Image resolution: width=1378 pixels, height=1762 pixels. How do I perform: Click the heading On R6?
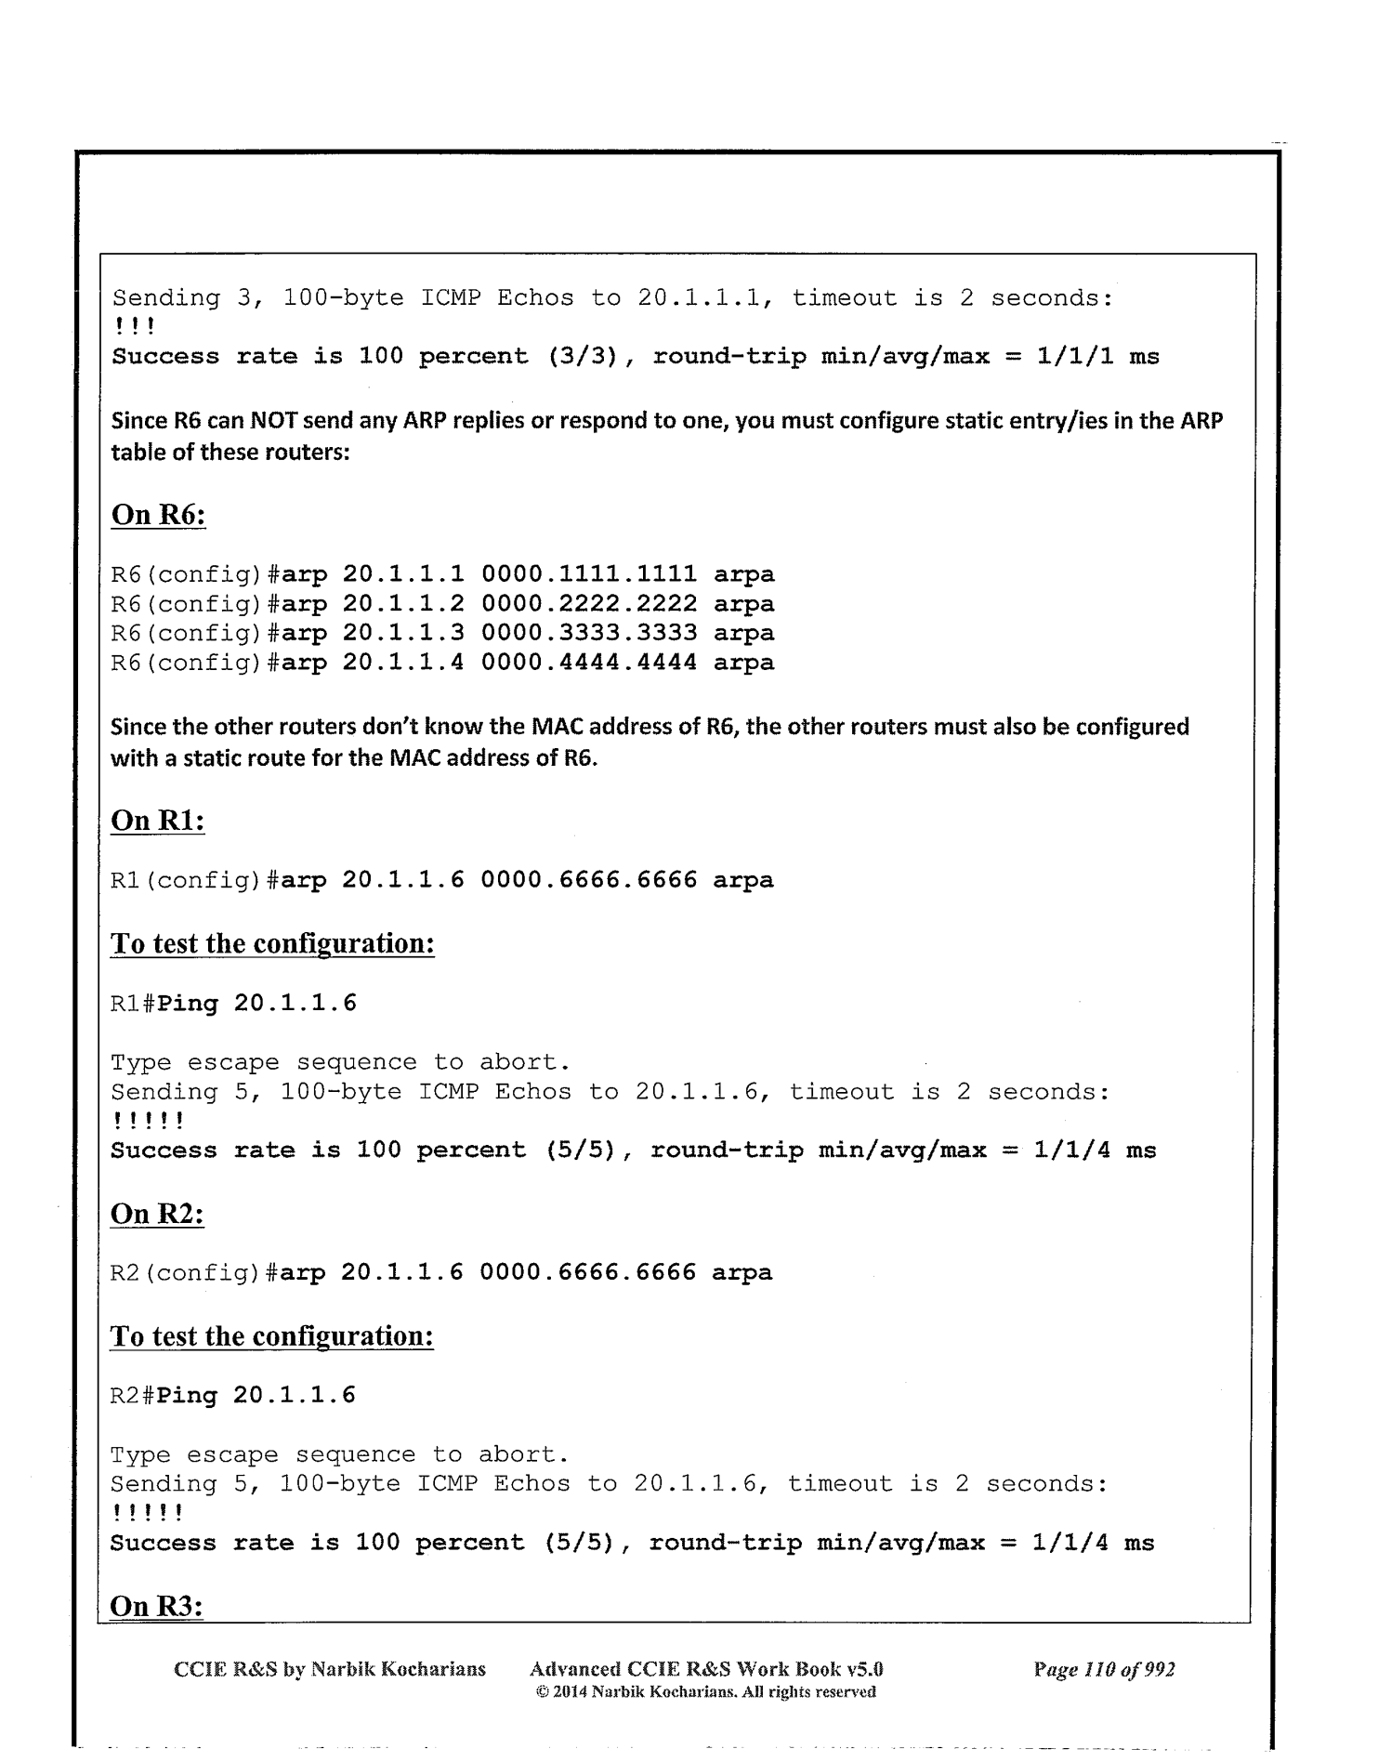point(158,515)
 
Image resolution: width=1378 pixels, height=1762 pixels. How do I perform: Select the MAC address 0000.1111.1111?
point(589,574)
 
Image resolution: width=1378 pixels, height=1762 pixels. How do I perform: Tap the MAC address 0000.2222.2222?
point(589,604)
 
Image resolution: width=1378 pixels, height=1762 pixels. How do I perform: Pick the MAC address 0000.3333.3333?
point(589,633)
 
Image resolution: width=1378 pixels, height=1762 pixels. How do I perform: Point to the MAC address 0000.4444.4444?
point(589,663)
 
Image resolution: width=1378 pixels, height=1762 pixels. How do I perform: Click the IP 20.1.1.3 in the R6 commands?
point(403,633)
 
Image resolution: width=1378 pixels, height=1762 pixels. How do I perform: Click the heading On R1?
point(158,821)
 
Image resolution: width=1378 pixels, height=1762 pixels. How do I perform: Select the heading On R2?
point(157,1214)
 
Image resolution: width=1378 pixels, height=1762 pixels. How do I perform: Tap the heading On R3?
point(156,1606)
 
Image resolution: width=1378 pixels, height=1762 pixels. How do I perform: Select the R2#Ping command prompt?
point(164,1396)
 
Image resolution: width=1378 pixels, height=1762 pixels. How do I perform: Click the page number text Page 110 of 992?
point(1104,1669)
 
